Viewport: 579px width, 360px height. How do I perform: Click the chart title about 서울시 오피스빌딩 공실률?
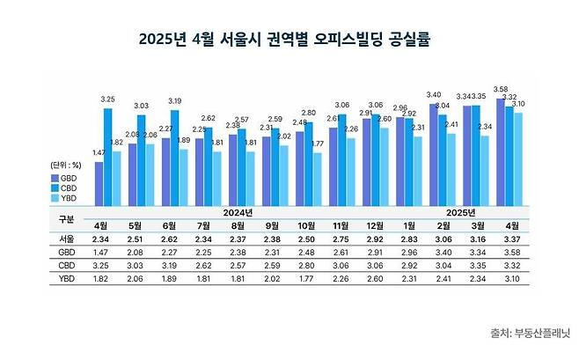click(289, 40)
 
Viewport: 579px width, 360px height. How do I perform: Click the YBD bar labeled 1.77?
click(318, 179)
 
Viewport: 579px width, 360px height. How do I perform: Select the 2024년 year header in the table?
click(238, 212)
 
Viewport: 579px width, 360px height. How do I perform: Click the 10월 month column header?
click(308, 224)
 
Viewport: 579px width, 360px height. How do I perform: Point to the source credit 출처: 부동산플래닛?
click(530, 332)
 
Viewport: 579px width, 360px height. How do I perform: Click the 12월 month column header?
click(375, 224)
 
